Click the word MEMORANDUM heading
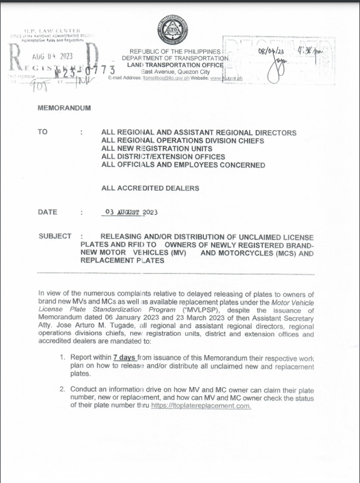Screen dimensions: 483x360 click(63, 108)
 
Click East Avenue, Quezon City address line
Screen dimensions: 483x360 click(175, 72)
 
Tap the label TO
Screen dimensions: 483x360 click(42, 132)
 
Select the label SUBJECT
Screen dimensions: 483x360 click(55, 236)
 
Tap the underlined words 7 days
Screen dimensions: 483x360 click(124, 358)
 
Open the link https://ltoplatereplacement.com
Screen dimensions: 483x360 click(201, 406)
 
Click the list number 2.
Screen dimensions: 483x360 click(62, 390)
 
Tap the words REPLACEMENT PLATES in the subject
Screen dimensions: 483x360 click(122, 260)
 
